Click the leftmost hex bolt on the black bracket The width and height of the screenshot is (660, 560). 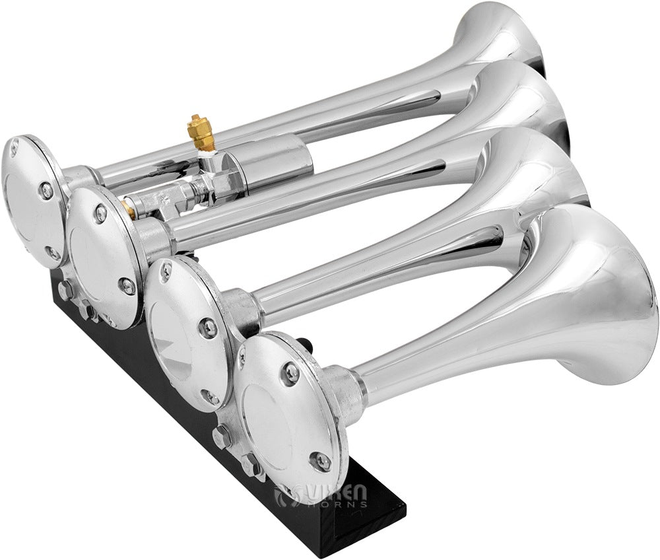click(63, 290)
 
